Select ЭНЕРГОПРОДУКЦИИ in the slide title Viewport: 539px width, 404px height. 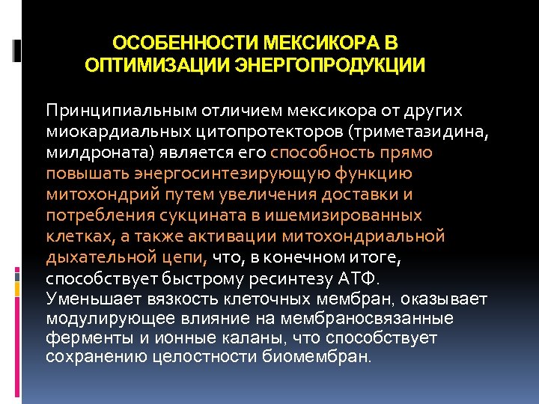330,65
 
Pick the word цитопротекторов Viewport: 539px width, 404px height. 233,132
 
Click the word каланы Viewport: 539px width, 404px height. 249,338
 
